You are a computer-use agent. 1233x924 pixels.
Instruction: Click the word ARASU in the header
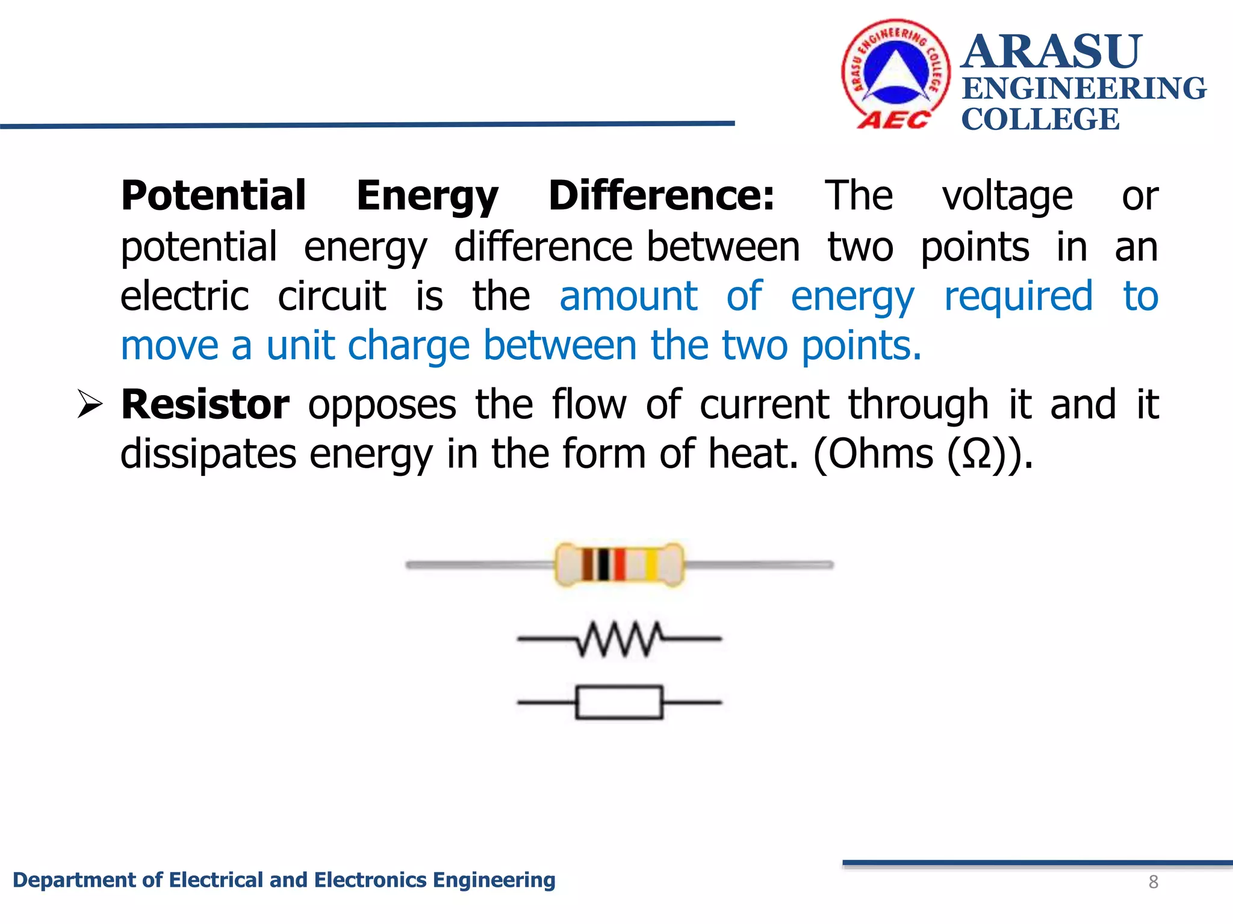tap(1051, 52)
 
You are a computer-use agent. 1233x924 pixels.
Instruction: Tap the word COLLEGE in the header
tap(1040, 119)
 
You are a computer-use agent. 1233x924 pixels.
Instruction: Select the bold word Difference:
tap(661, 196)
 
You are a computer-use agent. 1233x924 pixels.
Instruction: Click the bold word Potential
tap(214, 196)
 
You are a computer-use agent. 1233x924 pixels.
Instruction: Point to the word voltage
tap(1007, 197)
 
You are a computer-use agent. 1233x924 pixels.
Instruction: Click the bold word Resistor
tap(205, 404)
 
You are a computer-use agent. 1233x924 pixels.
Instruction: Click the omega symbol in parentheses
tap(977, 455)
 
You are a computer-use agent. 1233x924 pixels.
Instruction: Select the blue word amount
tap(628, 296)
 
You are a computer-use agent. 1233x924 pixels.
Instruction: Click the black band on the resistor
tap(603, 564)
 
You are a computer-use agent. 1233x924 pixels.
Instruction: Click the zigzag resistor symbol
tap(620, 639)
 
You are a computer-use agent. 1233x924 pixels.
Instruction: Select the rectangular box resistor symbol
tap(620, 702)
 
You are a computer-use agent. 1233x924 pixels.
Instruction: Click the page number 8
tap(1153, 882)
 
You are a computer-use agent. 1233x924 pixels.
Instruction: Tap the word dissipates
tap(208, 454)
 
